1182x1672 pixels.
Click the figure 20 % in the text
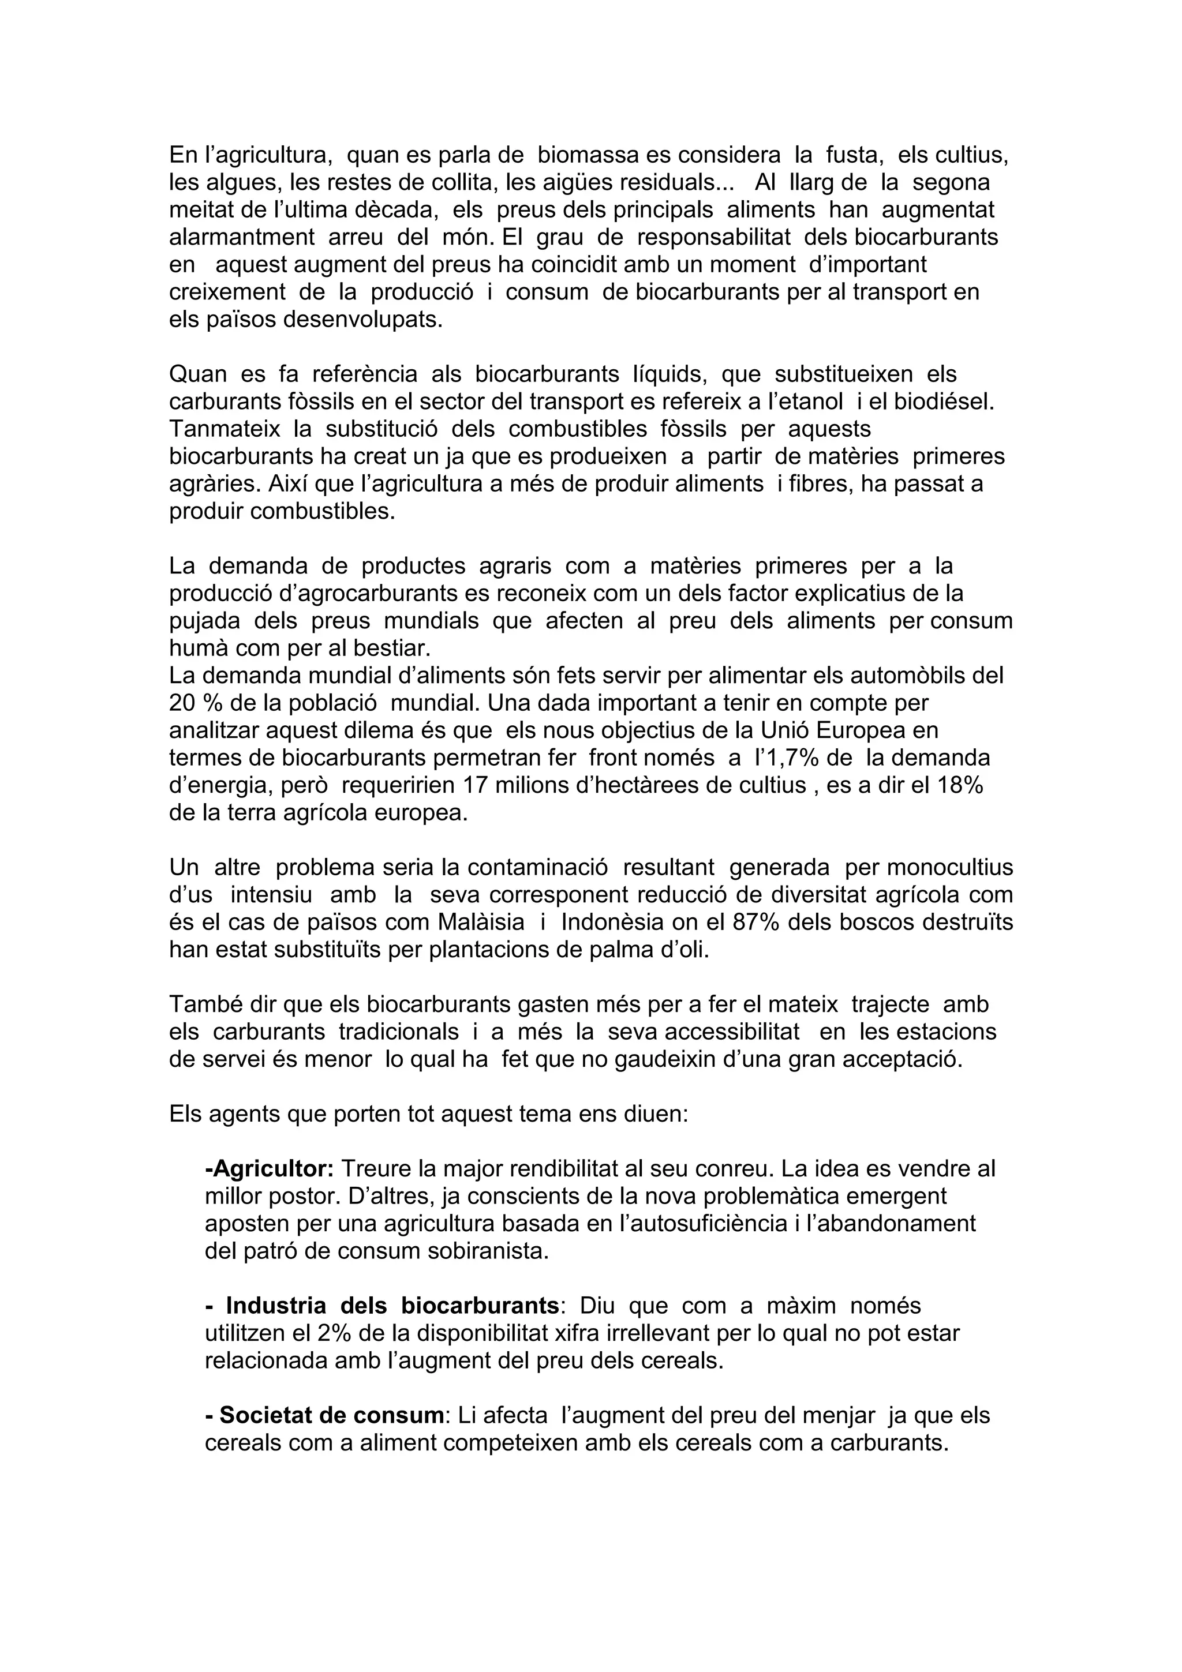tap(192, 703)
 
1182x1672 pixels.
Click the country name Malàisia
tap(481, 922)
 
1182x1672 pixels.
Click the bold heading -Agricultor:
tap(270, 1169)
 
